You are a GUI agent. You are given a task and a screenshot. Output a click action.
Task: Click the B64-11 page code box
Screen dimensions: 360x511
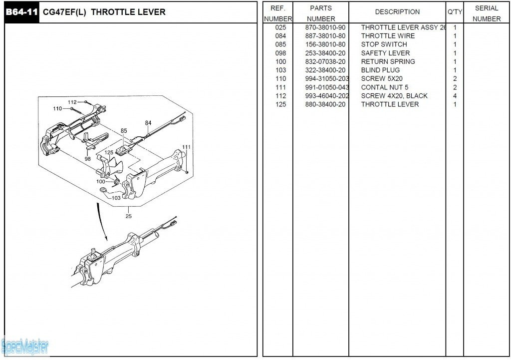tap(21, 12)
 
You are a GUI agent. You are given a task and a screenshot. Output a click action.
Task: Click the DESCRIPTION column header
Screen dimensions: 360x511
tap(397, 12)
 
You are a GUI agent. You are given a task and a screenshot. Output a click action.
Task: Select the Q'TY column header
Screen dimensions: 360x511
tap(454, 12)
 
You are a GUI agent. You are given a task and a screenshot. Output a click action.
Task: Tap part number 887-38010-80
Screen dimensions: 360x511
tap(325, 36)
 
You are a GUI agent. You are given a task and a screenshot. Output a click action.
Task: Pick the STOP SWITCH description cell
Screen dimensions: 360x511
tap(384, 44)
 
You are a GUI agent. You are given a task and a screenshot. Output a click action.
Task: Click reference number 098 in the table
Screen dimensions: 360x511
tap(280, 53)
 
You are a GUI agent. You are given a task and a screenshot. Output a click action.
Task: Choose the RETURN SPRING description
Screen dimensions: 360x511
tap(388, 61)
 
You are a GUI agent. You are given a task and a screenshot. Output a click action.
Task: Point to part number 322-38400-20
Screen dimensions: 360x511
tap(325, 70)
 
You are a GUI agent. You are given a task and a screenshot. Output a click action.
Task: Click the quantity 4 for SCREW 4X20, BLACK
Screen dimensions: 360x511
tap(455, 96)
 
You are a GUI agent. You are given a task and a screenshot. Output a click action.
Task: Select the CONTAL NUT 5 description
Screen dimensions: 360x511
tap(384, 87)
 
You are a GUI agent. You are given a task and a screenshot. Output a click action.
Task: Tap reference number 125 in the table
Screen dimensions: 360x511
tap(280, 104)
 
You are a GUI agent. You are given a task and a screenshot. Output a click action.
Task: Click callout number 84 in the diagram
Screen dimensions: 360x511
tap(148, 123)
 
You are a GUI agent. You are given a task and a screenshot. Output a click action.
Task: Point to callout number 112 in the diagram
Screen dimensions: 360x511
tap(72, 102)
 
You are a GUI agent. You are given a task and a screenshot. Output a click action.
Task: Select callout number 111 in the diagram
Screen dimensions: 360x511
tap(186, 147)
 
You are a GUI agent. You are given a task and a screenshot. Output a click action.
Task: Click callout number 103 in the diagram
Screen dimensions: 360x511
tap(116, 198)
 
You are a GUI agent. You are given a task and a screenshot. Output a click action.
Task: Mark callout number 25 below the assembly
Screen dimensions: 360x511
tap(129, 216)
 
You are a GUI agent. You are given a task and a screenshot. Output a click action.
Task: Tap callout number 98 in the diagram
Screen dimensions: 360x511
tap(88, 159)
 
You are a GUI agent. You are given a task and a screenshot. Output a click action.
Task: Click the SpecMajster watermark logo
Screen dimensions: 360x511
tap(25, 345)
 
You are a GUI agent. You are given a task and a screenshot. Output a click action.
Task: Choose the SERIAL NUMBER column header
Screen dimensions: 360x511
tap(487, 13)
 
